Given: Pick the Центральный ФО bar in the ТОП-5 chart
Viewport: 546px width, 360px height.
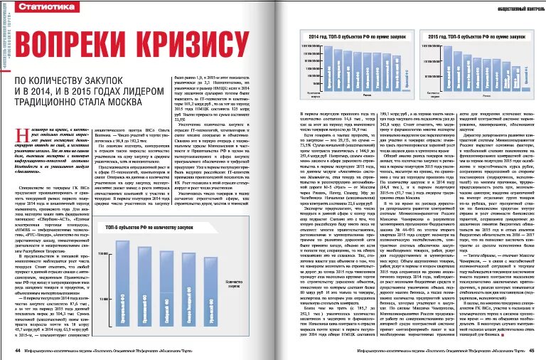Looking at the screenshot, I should [117, 280].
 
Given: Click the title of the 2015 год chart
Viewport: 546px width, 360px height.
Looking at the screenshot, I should [472, 33].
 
